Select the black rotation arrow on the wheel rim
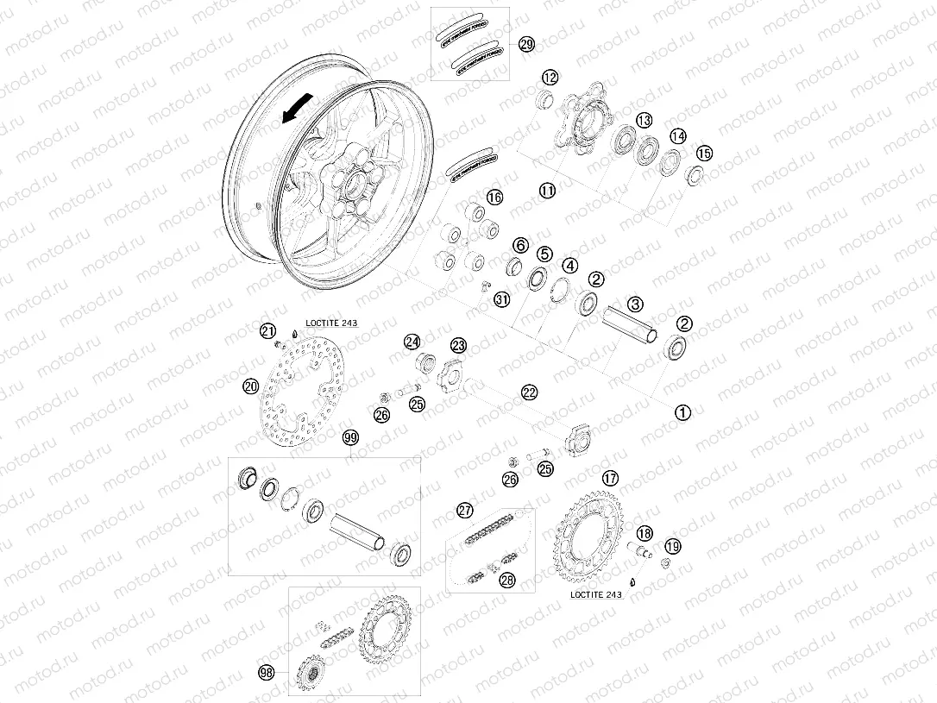tap(296, 109)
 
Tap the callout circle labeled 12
tap(550, 78)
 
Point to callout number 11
tap(548, 191)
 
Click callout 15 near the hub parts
tap(705, 154)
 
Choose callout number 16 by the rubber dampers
tap(494, 198)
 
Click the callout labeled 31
tap(502, 298)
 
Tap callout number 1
tap(682, 412)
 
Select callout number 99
tap(349, 438)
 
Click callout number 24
tap(412, 342)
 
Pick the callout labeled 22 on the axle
tap(529, 391)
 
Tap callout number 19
tap(673, 545)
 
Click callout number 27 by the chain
tap(466, 511)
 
